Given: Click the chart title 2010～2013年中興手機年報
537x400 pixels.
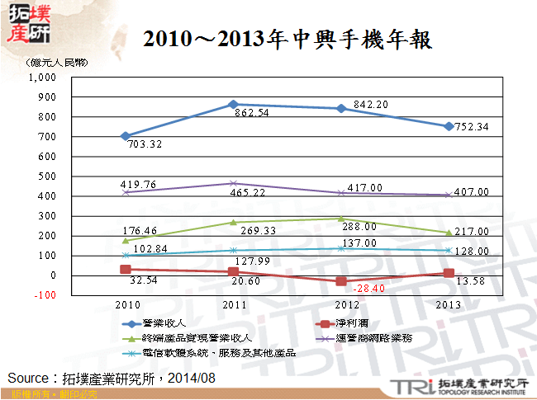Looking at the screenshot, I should click(x=287, y=39).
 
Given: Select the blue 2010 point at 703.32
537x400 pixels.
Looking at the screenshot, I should click(x=125, y=136).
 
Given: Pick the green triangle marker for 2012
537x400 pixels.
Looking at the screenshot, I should click(x=341, y=219).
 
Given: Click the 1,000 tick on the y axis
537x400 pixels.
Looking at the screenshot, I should click(x=40, y=78).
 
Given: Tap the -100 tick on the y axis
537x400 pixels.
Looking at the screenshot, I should click(x=44, y=295).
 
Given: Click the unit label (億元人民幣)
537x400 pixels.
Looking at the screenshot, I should click(x=60, y=63).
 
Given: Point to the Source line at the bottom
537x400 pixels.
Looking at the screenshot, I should click(x=112, y=378).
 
